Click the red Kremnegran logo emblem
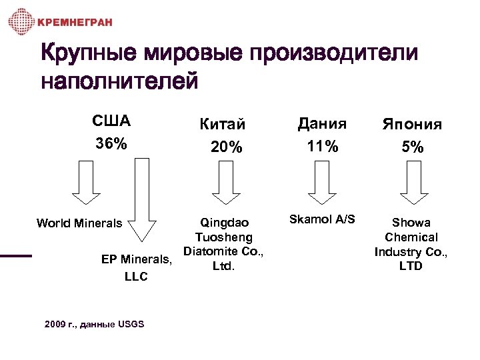pyautogui.click(x=21, y=22)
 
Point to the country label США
pyautogui.click(x=111, y=122)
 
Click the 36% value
pyautogui.click(x=111, y=144)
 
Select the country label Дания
pyautogui.click(x=322, y=123)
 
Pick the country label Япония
pyautogui.click(x=412, y=125)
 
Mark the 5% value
pyautogui.click(x=412, y=147)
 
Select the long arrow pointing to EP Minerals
pyautogui.click(x=143, y=200)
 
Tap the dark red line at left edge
pyautogui.click(x=15, y=255)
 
